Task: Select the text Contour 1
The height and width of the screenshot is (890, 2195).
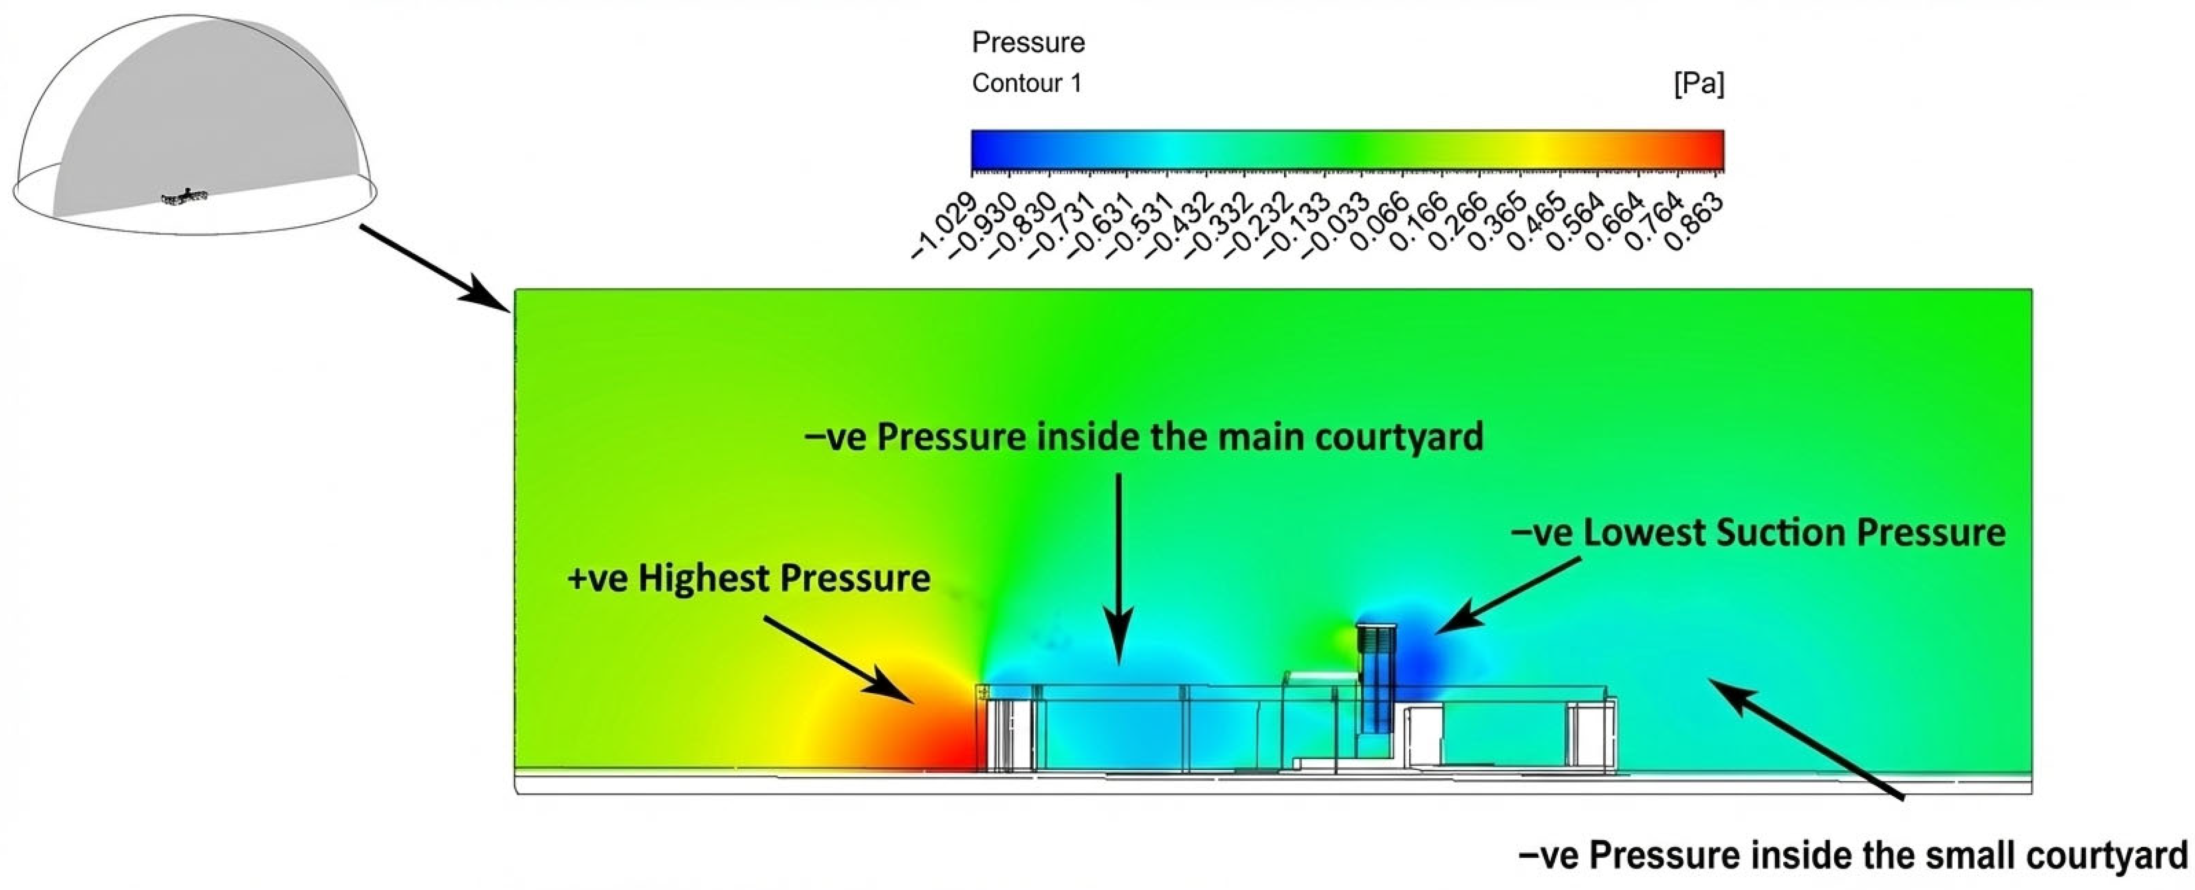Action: coord(1027,84)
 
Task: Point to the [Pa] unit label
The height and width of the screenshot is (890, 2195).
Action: coord(1698,84)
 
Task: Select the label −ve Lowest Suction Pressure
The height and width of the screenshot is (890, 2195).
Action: coord(1758,533)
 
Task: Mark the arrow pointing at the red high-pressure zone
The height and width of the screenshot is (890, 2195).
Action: coord(839,660)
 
